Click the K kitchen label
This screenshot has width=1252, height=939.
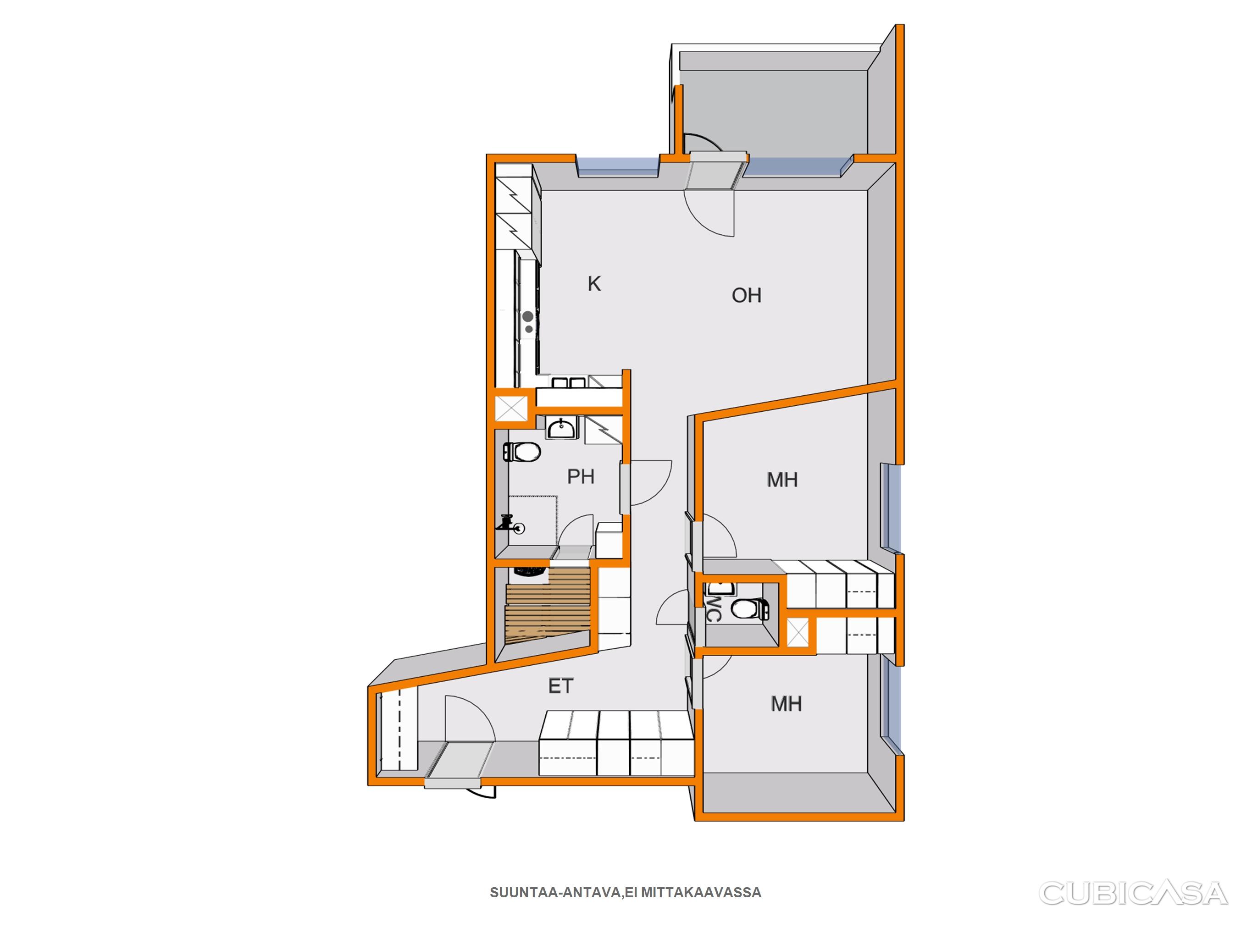tap(594, 283)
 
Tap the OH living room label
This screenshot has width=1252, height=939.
tap(746, 295)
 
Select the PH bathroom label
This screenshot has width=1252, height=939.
tap(581, 476)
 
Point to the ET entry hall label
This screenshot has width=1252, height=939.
tap(561, 686)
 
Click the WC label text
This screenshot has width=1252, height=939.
tap(713, 608)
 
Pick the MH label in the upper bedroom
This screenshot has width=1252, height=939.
tap(782, 480)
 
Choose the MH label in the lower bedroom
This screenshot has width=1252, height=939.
tap(786, 703)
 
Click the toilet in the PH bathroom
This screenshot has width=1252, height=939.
tap(522, 452)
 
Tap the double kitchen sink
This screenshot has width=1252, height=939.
tap(570, 383)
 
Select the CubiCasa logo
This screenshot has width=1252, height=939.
tap(1133, 893)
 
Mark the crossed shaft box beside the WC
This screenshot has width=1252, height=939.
tap(798, 632)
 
